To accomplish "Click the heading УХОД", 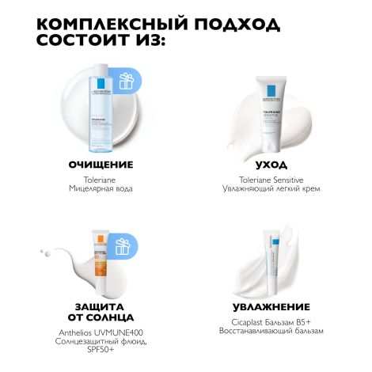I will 273,165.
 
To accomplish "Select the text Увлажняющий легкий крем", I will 273,190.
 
